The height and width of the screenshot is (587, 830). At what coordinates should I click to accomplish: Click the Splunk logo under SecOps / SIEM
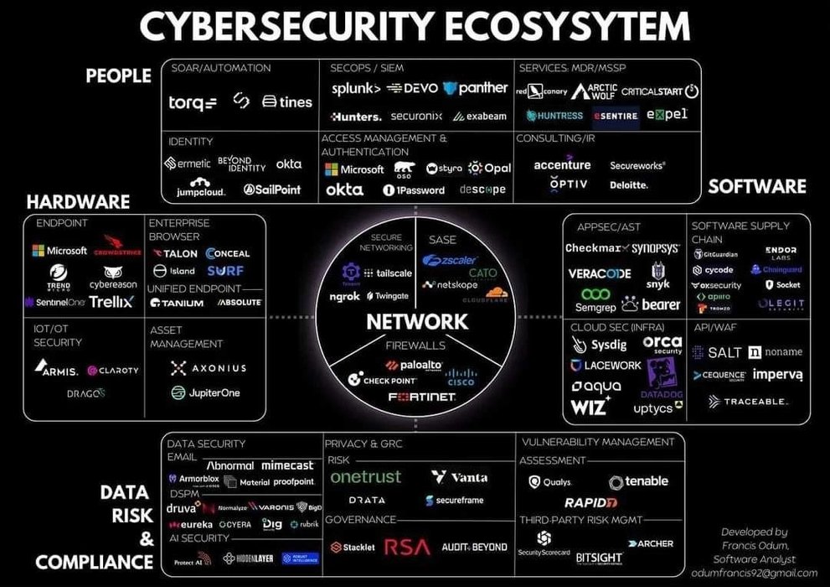(356, 88)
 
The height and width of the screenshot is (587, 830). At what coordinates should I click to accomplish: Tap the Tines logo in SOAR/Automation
(287, 101)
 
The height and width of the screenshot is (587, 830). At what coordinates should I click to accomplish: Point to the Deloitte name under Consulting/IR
(628, 184)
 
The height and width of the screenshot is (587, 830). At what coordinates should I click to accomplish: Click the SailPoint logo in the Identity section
(272, 190)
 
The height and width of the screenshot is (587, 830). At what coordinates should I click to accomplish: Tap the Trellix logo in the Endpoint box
(111, 301)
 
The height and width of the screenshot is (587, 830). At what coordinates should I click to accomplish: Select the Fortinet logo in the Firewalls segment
(422, 396)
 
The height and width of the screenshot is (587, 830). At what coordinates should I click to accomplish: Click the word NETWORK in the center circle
(416, 321)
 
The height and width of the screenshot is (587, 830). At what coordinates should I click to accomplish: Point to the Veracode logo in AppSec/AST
(599, 273)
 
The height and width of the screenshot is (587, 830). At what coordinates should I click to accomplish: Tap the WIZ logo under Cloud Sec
(590, 408)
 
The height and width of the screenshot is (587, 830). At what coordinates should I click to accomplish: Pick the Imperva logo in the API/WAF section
(777, 374)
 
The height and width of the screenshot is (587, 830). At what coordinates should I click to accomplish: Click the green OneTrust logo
(366, 476)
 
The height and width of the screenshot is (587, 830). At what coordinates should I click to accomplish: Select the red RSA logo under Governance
(407, 548)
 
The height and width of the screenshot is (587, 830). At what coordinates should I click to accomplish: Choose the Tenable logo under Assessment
(639, 481)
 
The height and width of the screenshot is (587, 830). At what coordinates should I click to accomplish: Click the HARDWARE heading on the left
(78, 202)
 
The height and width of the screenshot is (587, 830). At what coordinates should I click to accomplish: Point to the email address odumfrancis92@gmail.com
(755, 573)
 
